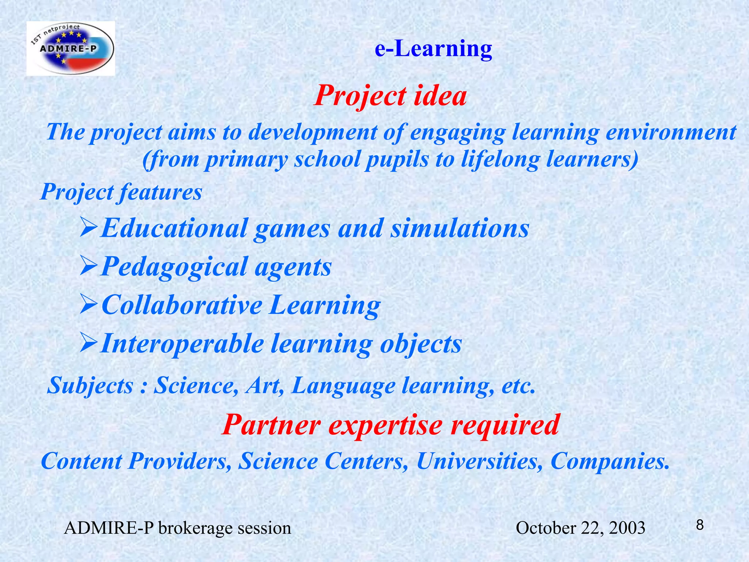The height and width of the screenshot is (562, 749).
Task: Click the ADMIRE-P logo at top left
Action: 71,49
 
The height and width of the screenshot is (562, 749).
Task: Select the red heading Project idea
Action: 390,96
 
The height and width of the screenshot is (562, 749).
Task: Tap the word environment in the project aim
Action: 671,132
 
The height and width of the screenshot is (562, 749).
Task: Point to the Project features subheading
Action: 121,192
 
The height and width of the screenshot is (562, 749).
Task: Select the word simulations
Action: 460,228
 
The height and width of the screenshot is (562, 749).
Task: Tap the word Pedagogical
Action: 174,267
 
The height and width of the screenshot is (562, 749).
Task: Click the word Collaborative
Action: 182,305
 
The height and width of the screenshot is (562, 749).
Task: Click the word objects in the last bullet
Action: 421,344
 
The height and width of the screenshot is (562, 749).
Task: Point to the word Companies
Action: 610,461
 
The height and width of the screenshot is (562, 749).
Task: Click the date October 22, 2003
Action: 580,528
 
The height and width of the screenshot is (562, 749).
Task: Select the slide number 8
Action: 700,525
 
